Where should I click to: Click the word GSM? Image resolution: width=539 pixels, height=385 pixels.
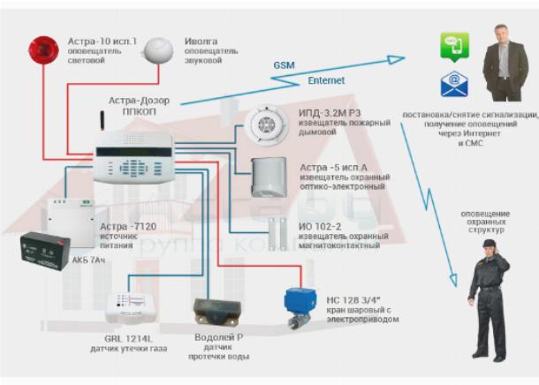(x=284, y=66)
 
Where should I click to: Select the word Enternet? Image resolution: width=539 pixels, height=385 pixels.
(x=326, y=80)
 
